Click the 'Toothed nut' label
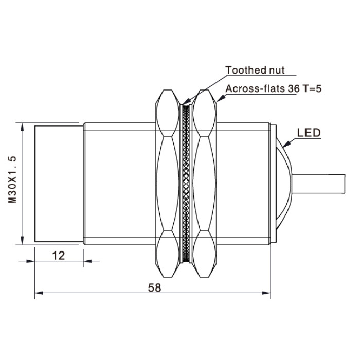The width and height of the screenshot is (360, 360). click(x=255, y=70)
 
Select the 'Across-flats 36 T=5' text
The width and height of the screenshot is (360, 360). click(x=274, y=88)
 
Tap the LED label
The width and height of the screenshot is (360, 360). click(x=309, y=133)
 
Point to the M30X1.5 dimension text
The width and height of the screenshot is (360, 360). click(x=12, y=179)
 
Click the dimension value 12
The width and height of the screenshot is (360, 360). click(x=59, y=256)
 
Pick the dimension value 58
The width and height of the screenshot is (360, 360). click(x=154, y=287)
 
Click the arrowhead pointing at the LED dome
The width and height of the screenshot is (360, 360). click(x=286, y=144)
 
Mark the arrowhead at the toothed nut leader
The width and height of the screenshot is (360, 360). click(x=186, y=101)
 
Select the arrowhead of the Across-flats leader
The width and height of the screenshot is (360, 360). click(x=221, y=98)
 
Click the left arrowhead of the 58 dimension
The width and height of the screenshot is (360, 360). click(x=39, y=293)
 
